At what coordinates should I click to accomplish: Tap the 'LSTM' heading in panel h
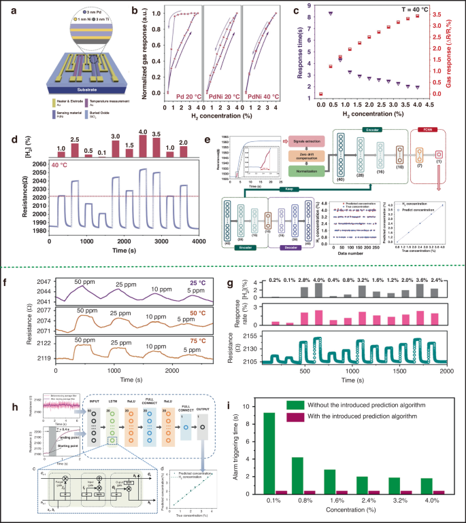coord(114,411)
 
